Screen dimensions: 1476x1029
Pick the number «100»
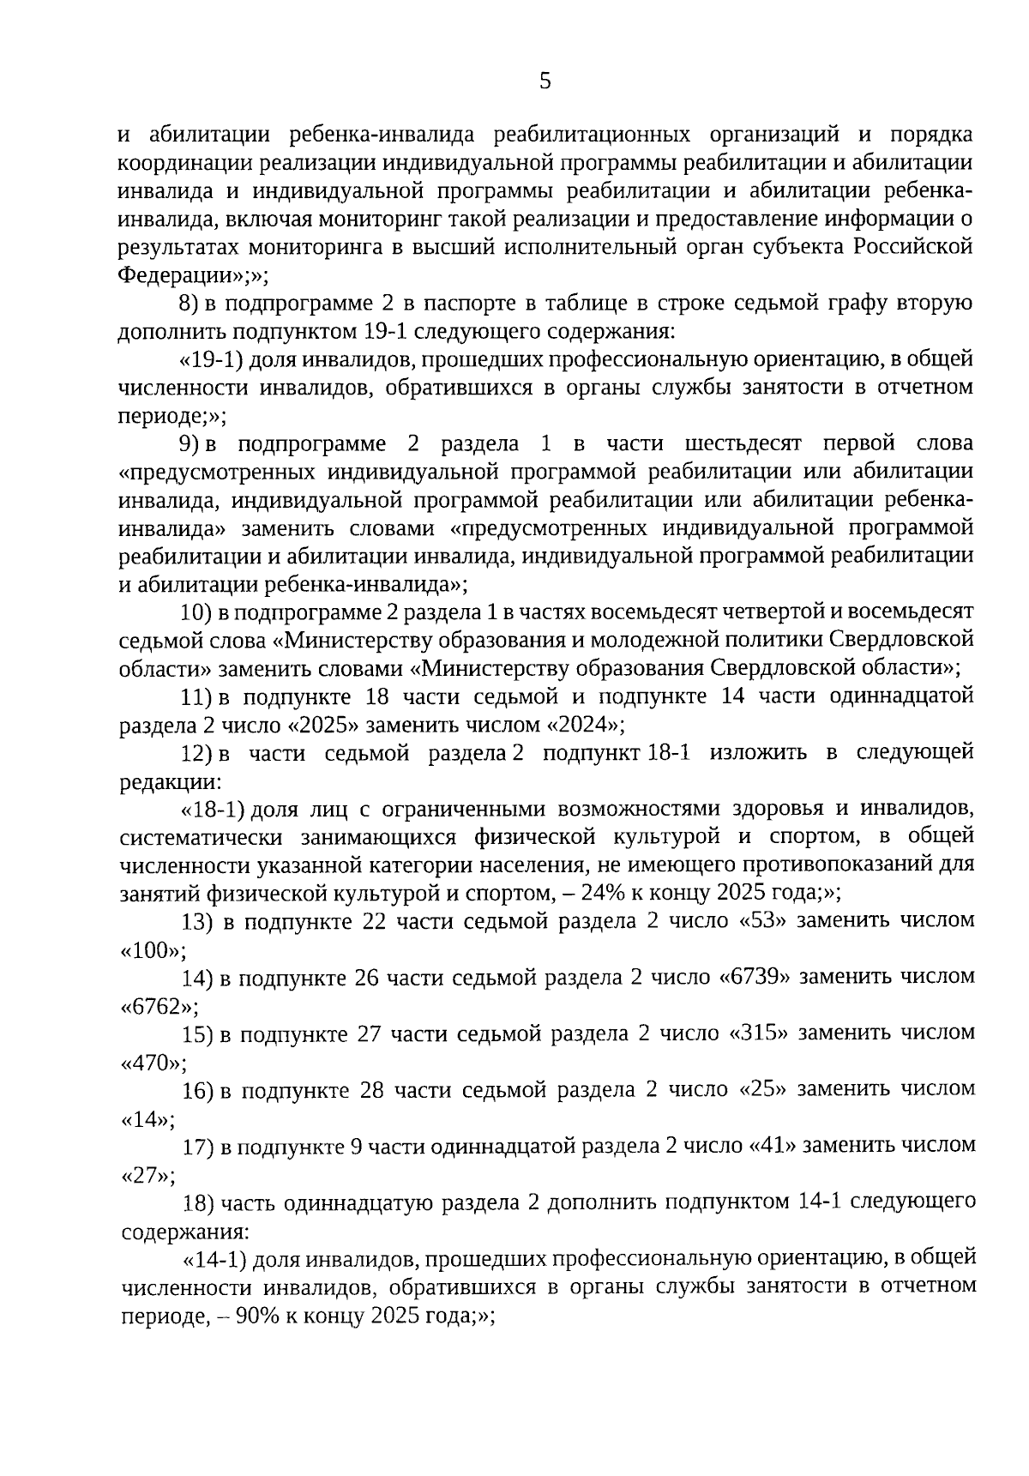pos(151,949)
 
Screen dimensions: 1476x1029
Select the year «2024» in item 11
pos(581,725)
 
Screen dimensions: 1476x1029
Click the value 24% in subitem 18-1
pos(601,893)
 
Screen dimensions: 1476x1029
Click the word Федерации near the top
pos(175,275)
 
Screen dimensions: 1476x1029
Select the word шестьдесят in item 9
pos(743,443)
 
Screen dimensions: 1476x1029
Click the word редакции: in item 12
pos(170,781)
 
